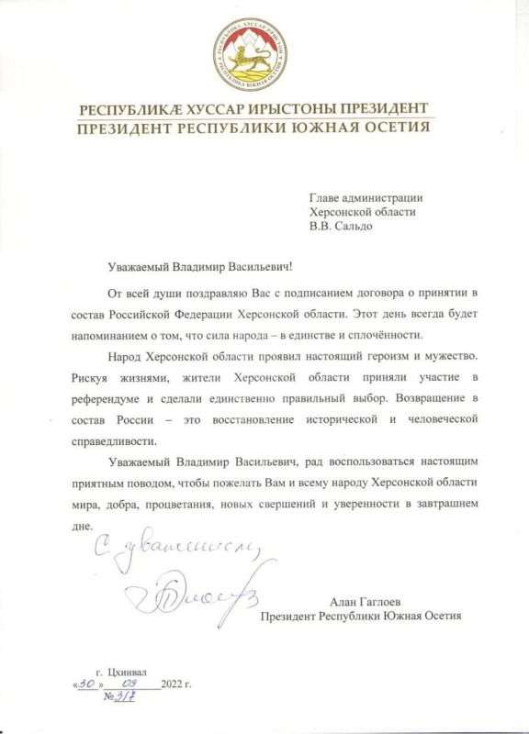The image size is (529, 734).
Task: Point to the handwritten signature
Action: coord(189,601)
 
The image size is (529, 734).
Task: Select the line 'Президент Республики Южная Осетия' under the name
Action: coord(360,616)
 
